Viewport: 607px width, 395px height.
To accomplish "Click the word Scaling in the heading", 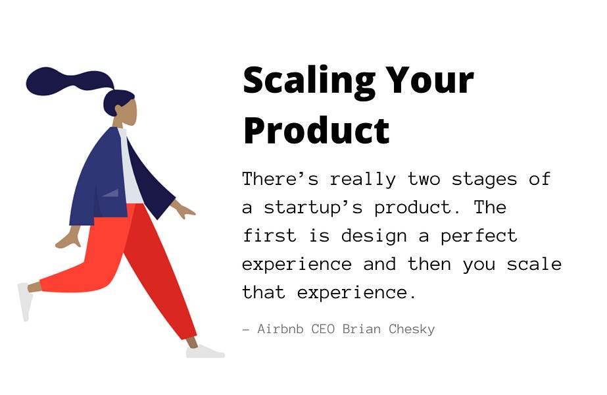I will (x=309, y=81).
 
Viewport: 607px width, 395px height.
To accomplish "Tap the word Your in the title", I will (x=430, y=81).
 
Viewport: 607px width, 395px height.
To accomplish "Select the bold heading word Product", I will (x=316, y=130).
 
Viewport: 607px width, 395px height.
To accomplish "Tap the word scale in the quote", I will (x=534, y=264).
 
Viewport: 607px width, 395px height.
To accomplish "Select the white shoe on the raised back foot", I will (x=25, y=301).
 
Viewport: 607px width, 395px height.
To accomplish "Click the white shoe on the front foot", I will (x=205, y=352).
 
